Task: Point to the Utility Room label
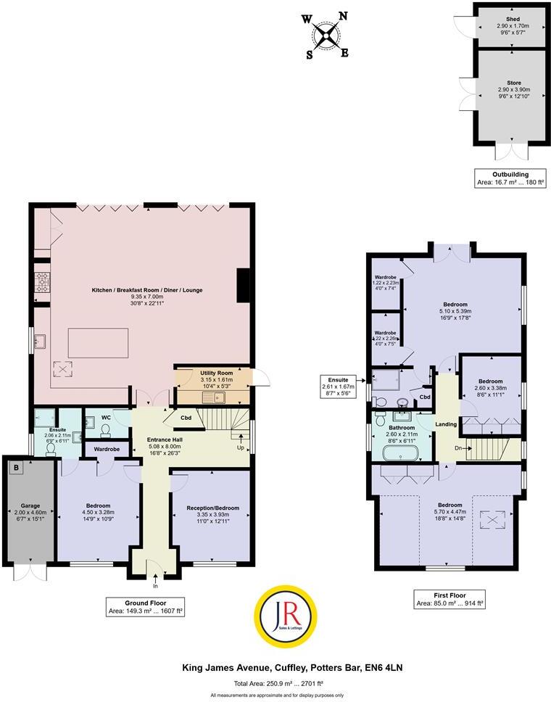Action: coord(215,373)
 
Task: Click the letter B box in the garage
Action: coord(16,467)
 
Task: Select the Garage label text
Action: coord(30,505)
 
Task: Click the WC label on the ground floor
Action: coord(105,418)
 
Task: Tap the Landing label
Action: coord(444,424)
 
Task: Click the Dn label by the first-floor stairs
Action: coord(457,447)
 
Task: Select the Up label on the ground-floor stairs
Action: coord(240,447)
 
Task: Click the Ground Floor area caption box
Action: coord(144,607)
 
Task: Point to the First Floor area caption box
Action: coord(449,598)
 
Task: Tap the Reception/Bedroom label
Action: coord(212,508)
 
